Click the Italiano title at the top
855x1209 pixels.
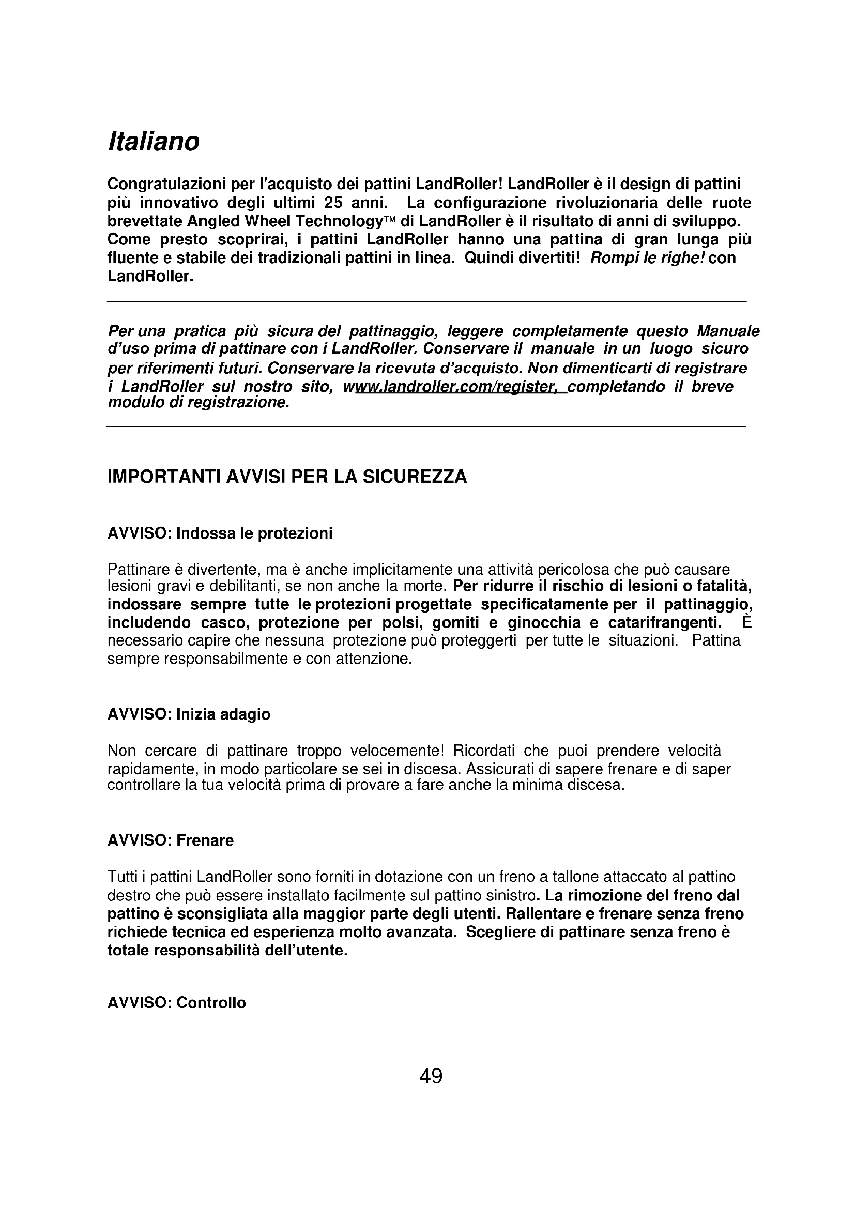pos(153,142)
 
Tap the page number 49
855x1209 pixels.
pos(431,1076)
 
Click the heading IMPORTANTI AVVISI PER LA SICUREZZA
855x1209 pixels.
pos(287,476)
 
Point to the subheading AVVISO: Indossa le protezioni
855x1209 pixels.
pos(220,533)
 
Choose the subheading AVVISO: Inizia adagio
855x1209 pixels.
pos(189,714)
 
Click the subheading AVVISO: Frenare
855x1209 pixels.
pos(170,840)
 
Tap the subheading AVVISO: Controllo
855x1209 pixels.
pos(176,1003)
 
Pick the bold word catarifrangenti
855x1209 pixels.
pos(664,622)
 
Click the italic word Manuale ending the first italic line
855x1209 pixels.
pos(728,331)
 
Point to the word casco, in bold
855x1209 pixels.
pos(222,622)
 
